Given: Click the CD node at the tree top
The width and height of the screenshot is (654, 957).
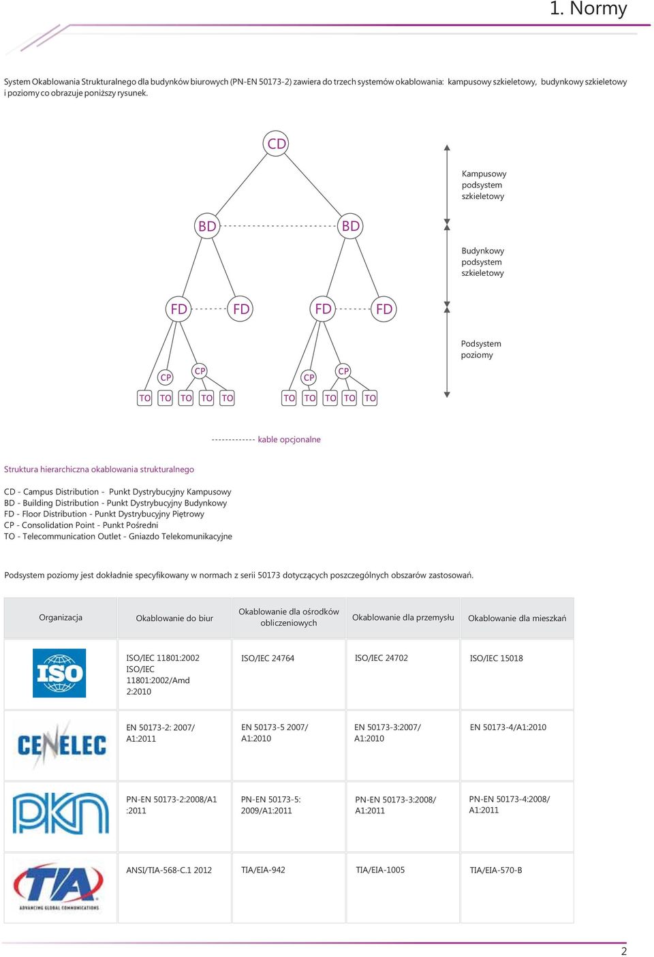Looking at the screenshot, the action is pos(276,144).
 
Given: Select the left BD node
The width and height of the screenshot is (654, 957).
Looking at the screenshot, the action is pos(207,226).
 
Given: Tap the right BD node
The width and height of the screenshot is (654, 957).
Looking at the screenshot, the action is pos(350,226).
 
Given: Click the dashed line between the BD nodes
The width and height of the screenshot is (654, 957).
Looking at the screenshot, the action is pos(279,226).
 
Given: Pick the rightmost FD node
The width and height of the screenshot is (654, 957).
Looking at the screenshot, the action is pos(384,309).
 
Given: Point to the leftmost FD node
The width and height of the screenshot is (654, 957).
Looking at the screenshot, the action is pos(178,309).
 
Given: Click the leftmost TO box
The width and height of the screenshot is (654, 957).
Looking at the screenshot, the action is pos(144,398).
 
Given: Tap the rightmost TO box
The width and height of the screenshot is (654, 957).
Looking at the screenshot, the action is pos(370,398).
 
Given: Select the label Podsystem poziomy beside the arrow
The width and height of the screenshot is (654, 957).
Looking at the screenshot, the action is pos(480,349).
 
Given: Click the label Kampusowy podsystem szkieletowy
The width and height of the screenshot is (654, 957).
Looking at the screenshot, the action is pos(484,185).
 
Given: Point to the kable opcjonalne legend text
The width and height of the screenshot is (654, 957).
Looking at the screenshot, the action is pos(290,439).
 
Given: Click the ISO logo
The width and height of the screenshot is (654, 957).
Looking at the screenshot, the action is pos(59,673).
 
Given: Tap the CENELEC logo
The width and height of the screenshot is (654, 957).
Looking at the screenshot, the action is pos(61,744).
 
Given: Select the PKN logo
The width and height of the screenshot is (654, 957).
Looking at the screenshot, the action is pos(61,813).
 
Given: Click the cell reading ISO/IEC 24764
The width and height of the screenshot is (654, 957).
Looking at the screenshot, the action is pos(268,659).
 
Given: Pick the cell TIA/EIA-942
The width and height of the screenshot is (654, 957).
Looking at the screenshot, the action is pos(263,870).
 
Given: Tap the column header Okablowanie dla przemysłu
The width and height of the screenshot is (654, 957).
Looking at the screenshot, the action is pos(403,617).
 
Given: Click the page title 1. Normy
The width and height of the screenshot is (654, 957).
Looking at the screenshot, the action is pos(588,9).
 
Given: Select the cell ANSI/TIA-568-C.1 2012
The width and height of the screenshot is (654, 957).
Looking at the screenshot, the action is pos(169,870).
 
